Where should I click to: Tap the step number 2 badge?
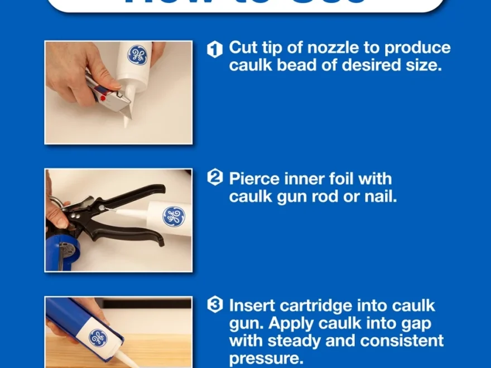215,178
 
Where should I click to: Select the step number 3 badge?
215,305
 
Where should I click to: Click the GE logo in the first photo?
137,55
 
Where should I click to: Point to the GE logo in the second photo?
174,217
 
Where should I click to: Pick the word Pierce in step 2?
254,178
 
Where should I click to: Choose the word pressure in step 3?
264,358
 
